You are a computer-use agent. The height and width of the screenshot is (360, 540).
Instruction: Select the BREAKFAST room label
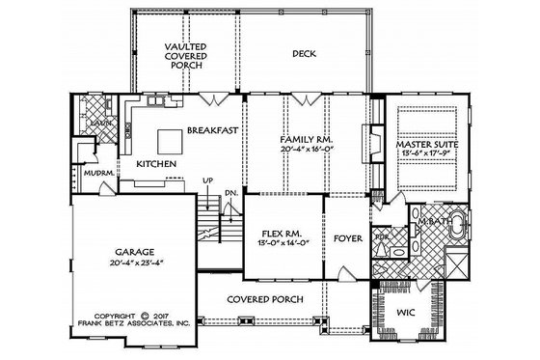coord(214,128)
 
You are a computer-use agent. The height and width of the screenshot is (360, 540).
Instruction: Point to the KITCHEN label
coord(154,165)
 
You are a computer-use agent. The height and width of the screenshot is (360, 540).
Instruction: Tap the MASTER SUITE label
coord(427,145)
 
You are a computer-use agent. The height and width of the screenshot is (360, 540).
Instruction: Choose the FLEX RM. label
coord(282,234)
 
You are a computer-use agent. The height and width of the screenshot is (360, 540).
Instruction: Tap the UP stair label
coord(206,181)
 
